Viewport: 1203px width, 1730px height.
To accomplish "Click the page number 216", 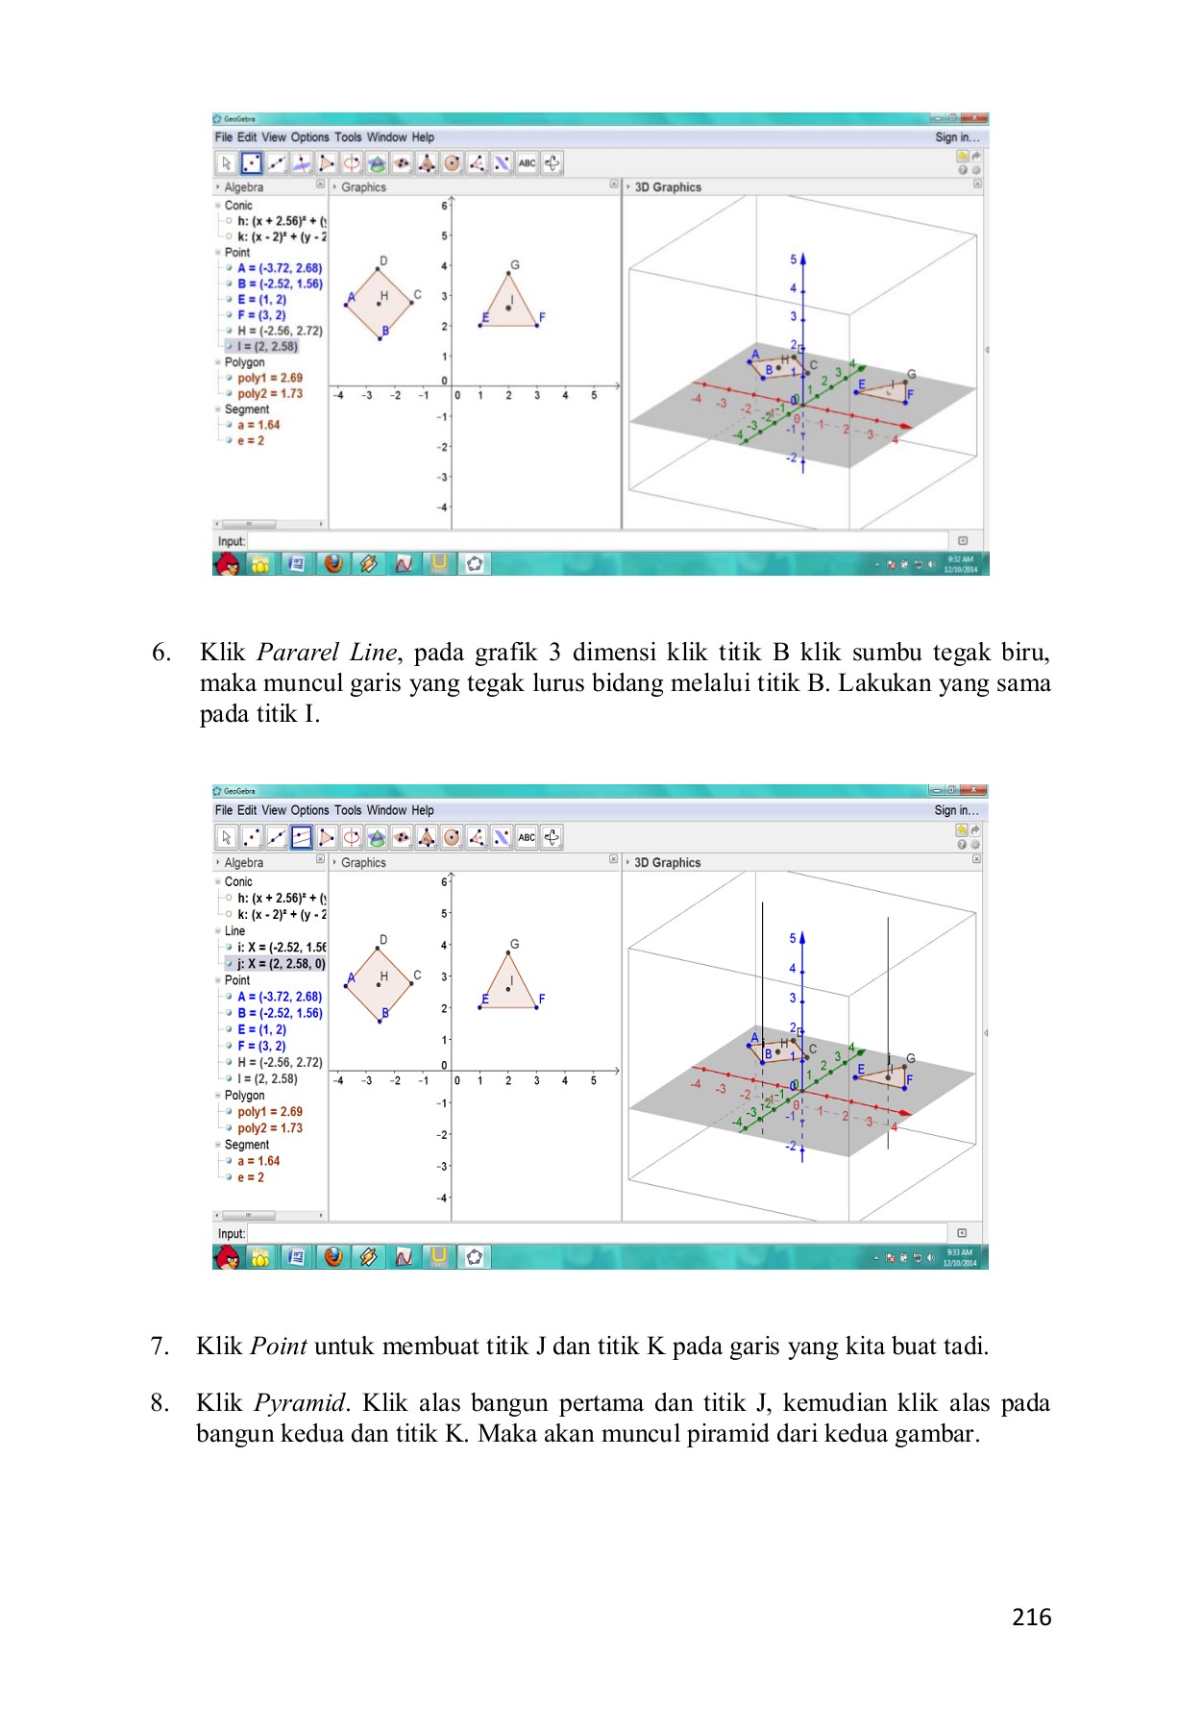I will (x=1031, y=1618).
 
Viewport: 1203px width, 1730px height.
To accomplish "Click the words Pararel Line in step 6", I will (x=327, y=653).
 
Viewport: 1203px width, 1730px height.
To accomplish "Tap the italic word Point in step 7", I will (x=279, y=1347).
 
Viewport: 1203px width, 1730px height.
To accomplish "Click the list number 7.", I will (x=160, y=1347).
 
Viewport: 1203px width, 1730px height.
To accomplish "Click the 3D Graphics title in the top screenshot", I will (x=668, y=187).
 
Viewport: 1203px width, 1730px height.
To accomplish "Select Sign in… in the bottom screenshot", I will (x=956, y=810).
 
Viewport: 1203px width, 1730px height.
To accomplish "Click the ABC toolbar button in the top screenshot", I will (x=527, y=163).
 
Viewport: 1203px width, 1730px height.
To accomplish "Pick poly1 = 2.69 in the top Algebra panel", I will (x=270, y=378).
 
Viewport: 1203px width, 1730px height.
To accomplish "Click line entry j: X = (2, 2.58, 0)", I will (x=281, y=963).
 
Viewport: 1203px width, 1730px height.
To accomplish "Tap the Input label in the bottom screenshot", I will (x=232, y=1233).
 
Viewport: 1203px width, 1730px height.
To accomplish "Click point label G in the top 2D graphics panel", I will (x=515, y=265).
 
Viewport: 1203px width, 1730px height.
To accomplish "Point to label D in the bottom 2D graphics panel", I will (x=383, y=939).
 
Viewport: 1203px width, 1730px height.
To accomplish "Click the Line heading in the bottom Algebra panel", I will (x=234, y=930).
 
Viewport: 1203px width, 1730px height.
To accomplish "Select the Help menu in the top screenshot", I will (x=423, y=137).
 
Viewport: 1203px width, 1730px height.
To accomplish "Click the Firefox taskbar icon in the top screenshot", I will (x=333, y=563).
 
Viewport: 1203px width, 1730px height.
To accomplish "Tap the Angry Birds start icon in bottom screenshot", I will (x=228, y=1256).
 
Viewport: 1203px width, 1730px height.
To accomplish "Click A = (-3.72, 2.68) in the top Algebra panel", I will (x=280, y=268).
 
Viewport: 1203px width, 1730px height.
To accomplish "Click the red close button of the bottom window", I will (x=976, y=790).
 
